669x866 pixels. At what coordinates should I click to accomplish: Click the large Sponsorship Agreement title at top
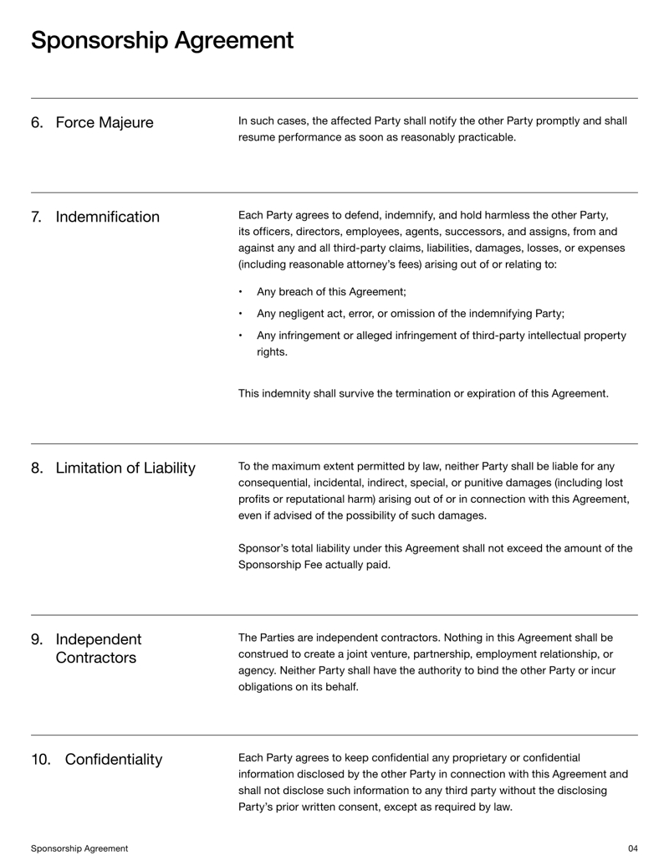[162, 40]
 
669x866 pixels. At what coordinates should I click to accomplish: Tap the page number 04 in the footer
[632, 848]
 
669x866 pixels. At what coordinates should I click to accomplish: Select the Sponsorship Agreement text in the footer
[79, 848]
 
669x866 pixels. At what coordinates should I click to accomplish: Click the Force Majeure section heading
[105, 123]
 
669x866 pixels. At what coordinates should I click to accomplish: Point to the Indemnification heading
[107, 218]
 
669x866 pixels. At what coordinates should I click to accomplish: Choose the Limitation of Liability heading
[125, 468]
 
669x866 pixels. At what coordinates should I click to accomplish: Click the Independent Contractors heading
[99, 648]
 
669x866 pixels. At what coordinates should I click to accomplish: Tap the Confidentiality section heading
[114, 760]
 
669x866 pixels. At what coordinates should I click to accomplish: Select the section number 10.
[41, 760]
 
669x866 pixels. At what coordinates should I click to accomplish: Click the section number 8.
[37, 468]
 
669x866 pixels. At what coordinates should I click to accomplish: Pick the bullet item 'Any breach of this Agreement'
[331, 292]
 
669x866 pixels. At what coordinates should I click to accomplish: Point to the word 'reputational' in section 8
[301, 499]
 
